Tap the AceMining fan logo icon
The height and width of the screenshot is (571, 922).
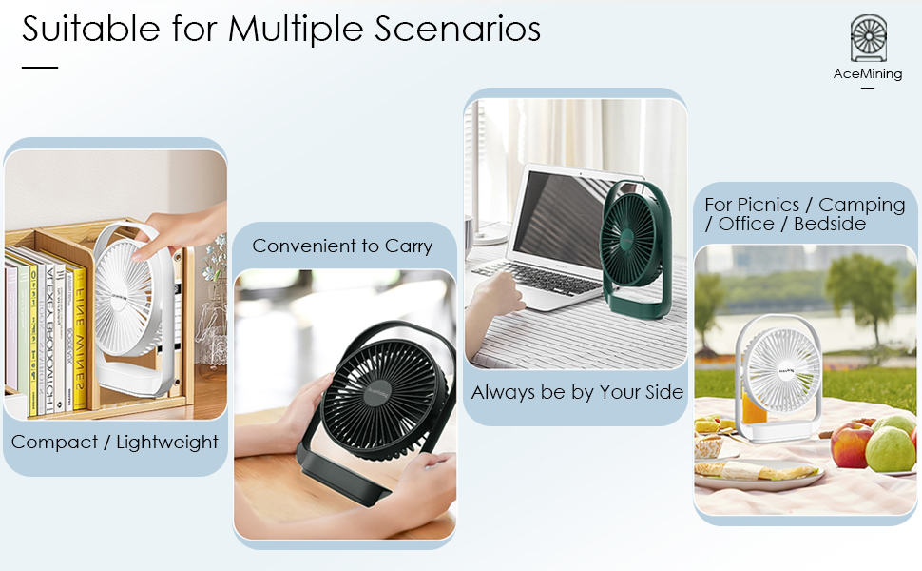[868, 39]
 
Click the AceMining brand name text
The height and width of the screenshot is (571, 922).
[868, 73]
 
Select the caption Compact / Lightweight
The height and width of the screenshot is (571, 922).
[115, 442]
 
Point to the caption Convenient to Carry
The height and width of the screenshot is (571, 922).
[342, 246]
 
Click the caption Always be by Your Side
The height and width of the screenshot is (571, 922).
[577, 392]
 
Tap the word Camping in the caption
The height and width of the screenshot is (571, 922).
[862, 205]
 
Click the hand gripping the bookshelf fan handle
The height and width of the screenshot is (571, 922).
[177, 231]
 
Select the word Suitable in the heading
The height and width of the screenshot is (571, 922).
[92, 29]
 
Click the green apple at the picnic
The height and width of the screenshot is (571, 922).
[890, 448]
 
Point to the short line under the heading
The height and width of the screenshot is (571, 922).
[40, 68]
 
